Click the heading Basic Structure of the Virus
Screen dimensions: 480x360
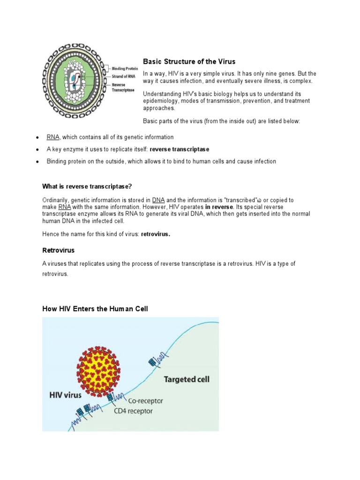pos(189,61)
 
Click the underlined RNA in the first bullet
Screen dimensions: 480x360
pos(53,137)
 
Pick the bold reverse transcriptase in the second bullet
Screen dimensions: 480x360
pos(180,150)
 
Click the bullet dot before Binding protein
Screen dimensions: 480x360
pos(37,162)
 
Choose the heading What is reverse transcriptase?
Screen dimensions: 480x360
pos(90,186)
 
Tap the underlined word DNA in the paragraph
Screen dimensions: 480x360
pos(158,200)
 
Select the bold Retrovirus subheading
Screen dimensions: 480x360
pos(59,250)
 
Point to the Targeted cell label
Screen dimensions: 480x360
pos(186,379)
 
